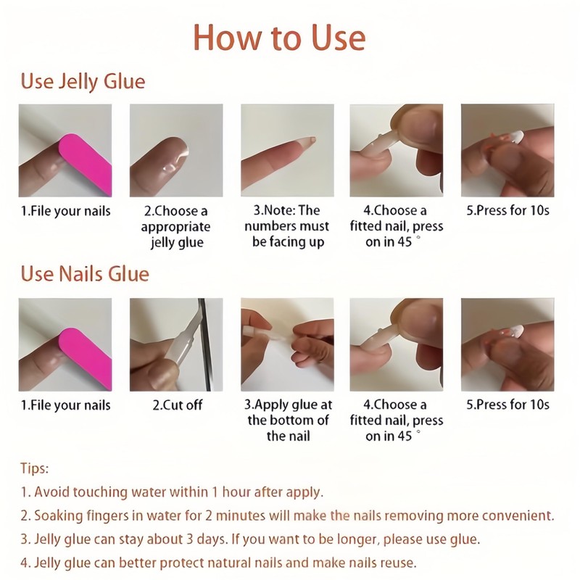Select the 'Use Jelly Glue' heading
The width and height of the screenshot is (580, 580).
[83, 80]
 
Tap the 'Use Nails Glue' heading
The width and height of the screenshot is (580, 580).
[85, 274]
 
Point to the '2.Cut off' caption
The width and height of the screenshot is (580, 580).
[177, 405]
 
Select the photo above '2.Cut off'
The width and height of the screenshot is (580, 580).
[176, 344]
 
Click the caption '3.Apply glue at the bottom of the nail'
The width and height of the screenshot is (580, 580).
[288, 420]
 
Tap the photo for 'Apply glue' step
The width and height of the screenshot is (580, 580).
[287, 344]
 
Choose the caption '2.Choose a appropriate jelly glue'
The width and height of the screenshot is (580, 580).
[177, 226]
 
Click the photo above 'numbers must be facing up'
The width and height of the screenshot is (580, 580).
[287, 150]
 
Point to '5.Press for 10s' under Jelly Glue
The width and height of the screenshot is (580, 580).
[507, 211]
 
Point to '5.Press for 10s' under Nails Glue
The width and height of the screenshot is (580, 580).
[507, 405]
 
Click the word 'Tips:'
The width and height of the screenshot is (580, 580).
[35, 469]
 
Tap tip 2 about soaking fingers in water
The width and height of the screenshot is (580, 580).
[287, 516]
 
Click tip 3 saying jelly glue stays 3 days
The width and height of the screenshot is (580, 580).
[251, 539]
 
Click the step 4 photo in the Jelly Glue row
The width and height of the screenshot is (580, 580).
[397, 150]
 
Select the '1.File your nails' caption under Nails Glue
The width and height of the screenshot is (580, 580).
[65, 405]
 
